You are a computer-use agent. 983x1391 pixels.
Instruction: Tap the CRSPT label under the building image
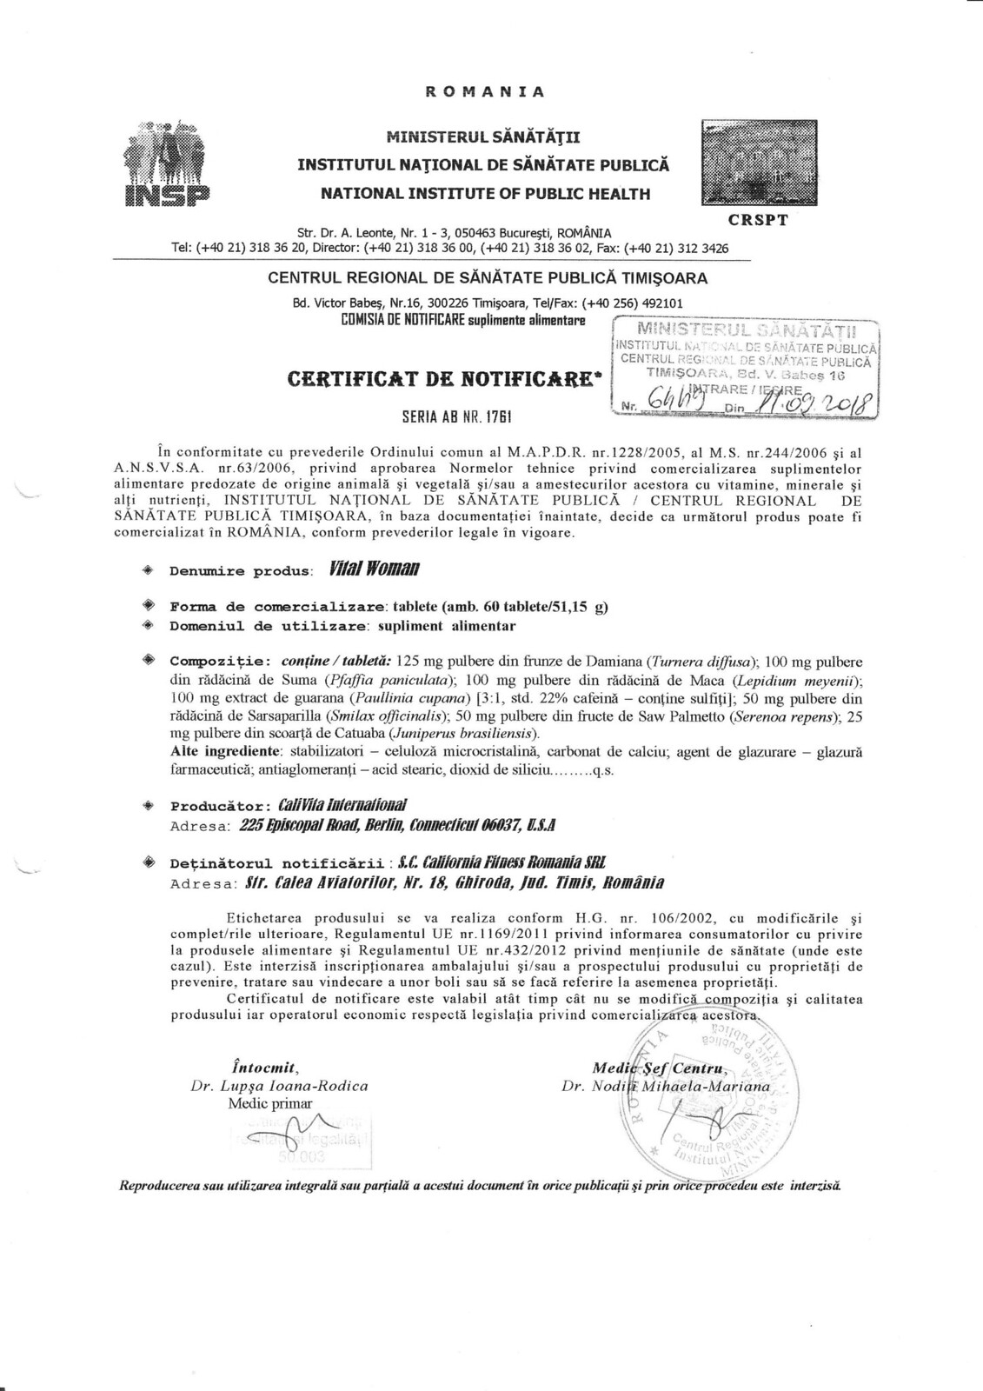(758, 220)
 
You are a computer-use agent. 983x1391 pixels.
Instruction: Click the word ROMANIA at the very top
(485, 91)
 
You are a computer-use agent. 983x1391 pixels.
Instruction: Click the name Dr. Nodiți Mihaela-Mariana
(666, 1087)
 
